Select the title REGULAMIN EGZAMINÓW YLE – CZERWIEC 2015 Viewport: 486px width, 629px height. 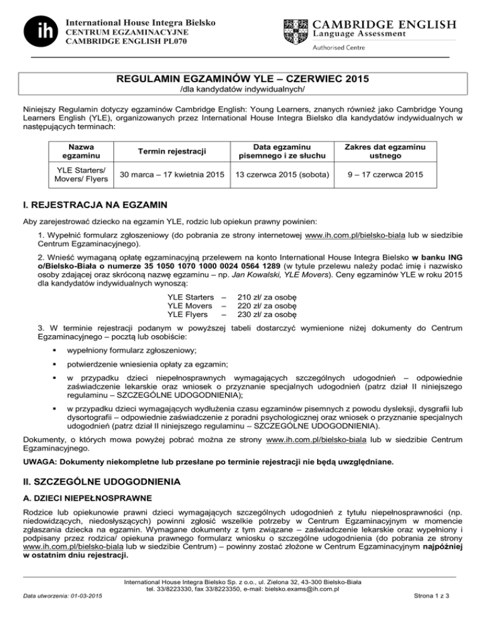[x=243, y=80]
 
